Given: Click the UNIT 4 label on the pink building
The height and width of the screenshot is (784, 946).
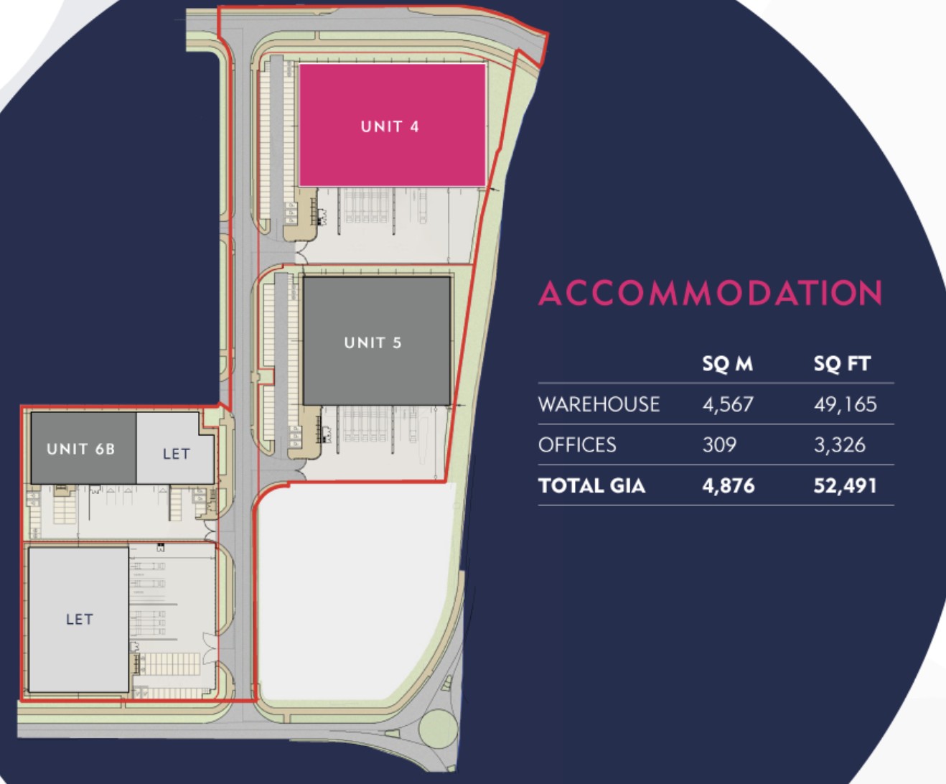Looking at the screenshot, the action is click(x=390, y=126).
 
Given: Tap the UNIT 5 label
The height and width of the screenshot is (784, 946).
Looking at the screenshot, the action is click(x=373, y=342).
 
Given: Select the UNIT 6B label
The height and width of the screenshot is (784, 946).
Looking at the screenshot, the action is click(x=80, y=449).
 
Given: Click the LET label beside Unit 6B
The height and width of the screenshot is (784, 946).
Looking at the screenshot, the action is click(x=177, y=454).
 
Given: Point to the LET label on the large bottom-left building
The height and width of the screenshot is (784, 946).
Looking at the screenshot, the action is click(x=79, y=619).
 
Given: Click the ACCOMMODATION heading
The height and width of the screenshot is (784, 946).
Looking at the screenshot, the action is click(x=711, y=293).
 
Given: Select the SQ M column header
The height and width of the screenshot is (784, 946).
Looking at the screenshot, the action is click(x=728, y=363).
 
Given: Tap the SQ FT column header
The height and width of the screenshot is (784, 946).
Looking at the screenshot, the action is click(x=842, y=363).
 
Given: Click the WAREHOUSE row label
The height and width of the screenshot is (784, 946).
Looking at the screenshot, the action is click(x=599, y=404).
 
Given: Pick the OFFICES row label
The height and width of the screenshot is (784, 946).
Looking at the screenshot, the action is click(x=577, y=445).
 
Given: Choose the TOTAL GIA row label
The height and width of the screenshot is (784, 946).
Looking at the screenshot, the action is click(x=591, y=486).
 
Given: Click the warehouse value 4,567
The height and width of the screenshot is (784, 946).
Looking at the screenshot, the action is click(x=728, y=404).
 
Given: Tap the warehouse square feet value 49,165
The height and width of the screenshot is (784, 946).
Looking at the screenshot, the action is click(x=845, y=404).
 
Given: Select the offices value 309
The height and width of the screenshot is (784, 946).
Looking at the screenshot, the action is click(x=719, y=445).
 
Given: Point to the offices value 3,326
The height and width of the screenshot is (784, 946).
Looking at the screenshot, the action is click(x=840, y=445).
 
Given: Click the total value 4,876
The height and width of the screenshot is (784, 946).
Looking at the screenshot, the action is click(x=729, y=486).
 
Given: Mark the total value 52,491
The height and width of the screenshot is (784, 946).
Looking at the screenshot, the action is click(x=845, y=486).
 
